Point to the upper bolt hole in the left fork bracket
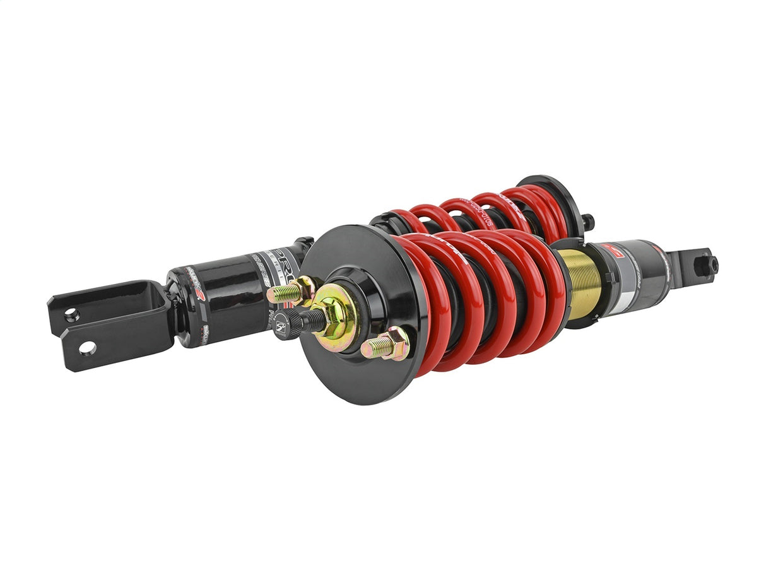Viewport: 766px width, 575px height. [x=72, y=315]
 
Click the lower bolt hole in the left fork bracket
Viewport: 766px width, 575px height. [x=87, y=348]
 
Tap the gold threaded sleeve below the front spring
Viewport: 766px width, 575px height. [x=579, y=282]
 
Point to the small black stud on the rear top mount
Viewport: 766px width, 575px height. [x=588, y=222]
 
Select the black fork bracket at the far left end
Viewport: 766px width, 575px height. [x=107, y=325]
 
